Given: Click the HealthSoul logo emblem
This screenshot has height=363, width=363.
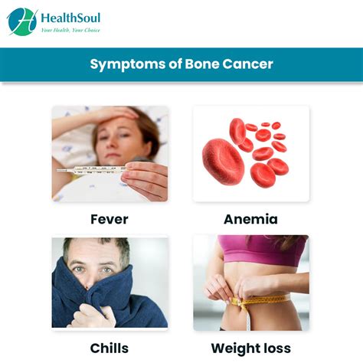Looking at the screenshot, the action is (22, 21).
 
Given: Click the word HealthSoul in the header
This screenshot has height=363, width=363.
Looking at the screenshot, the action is (70, 18).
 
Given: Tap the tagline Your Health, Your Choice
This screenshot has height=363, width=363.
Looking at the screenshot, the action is (70, 30).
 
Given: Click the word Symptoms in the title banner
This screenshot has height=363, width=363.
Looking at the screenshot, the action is (128, 64).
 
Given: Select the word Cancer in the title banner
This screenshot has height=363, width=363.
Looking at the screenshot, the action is (247, 64).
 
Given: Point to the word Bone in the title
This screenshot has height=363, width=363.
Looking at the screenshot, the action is (202, 64).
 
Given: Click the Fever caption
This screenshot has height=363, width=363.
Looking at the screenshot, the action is (110, 219).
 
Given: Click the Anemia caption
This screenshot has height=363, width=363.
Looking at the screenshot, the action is (250, 219).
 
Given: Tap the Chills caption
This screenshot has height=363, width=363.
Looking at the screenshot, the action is (110, 348).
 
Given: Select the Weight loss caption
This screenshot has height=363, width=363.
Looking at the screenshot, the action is (251, 348).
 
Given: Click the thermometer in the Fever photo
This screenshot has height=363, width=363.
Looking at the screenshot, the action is (91, 170).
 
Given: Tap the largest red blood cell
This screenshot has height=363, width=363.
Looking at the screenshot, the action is (223, 162).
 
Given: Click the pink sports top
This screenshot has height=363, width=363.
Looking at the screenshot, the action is (263, 250).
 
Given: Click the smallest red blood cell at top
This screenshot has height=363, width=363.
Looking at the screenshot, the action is (266, 124).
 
